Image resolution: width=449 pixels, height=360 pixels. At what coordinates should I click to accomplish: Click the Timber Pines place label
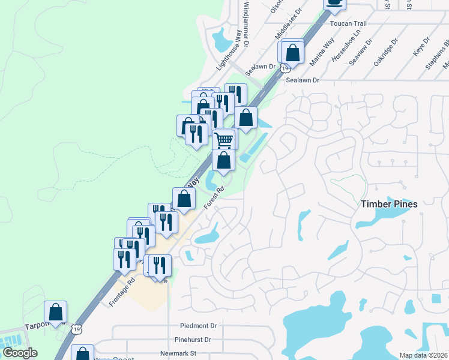389,204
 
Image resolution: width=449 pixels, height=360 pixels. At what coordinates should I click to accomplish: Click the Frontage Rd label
122,292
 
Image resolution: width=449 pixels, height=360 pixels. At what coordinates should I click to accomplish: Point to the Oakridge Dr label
385,52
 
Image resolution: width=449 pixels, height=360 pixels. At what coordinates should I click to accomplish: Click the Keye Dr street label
421,47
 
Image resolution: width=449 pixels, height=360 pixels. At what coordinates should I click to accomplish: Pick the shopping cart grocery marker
224,139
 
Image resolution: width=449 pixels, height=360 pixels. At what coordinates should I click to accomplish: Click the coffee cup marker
335,3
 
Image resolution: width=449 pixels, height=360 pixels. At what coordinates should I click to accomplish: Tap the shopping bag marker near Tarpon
56,312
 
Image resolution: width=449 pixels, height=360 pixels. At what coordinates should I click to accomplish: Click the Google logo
20,353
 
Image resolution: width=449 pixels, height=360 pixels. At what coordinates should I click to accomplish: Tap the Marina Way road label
322,52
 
